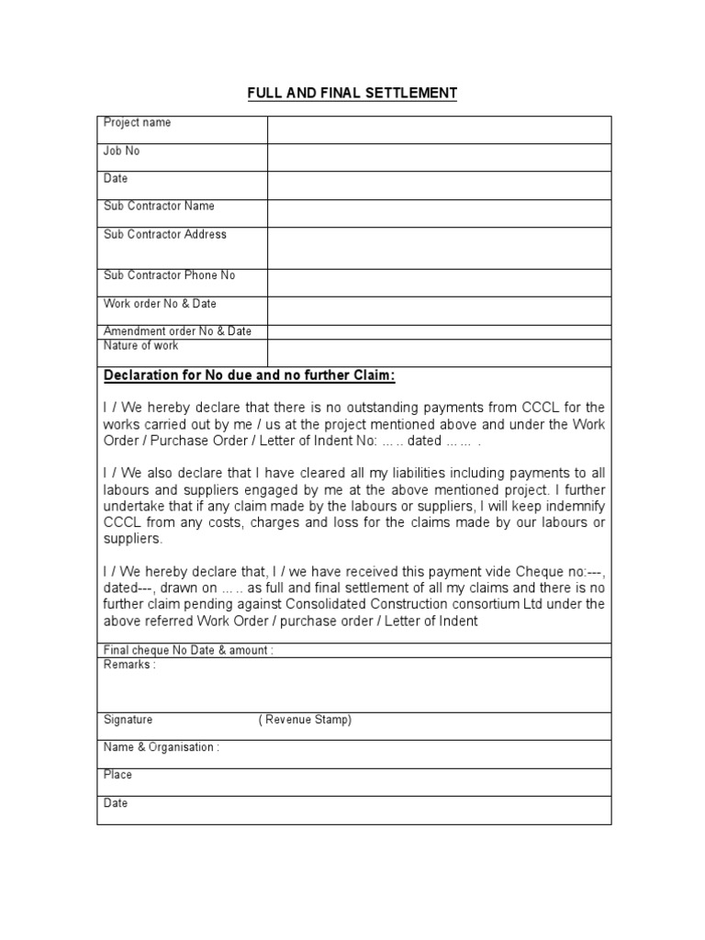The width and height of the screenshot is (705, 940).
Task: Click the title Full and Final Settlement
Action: (x=352, y=93)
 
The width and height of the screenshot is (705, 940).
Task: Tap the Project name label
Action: (x=137, y=123)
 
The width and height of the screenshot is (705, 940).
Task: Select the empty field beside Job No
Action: (x=439, y=158)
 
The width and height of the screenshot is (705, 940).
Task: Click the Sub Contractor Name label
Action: (x=159, y=207)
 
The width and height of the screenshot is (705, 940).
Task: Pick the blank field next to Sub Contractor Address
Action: (x=439, y=248)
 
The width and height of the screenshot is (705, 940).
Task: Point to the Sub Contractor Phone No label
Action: (x=170, y=275)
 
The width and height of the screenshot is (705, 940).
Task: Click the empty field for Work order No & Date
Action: (x=439, y=311)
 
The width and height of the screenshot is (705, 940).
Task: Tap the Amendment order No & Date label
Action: (x=177, y=331)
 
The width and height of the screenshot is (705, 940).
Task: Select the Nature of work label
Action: (x=140, y=346)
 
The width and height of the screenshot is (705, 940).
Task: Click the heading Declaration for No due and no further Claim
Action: (x=250, y=375)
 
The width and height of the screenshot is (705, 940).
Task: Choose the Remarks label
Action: (x=129, y=665)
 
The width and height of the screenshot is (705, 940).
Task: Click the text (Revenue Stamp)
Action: (x=305, y=721)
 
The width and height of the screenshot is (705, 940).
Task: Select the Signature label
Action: (x=128, y=721)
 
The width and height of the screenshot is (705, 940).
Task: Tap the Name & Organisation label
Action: (x=162, y=747)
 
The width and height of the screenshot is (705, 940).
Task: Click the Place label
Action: (x=117, y=775)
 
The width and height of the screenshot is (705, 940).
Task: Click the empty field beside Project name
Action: (x=439, y=129)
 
